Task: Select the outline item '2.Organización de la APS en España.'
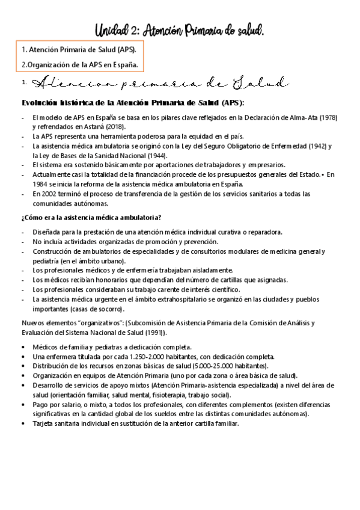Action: (79, 63)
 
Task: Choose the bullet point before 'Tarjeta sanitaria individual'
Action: (23, 423)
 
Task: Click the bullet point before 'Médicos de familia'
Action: (23, 347)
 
